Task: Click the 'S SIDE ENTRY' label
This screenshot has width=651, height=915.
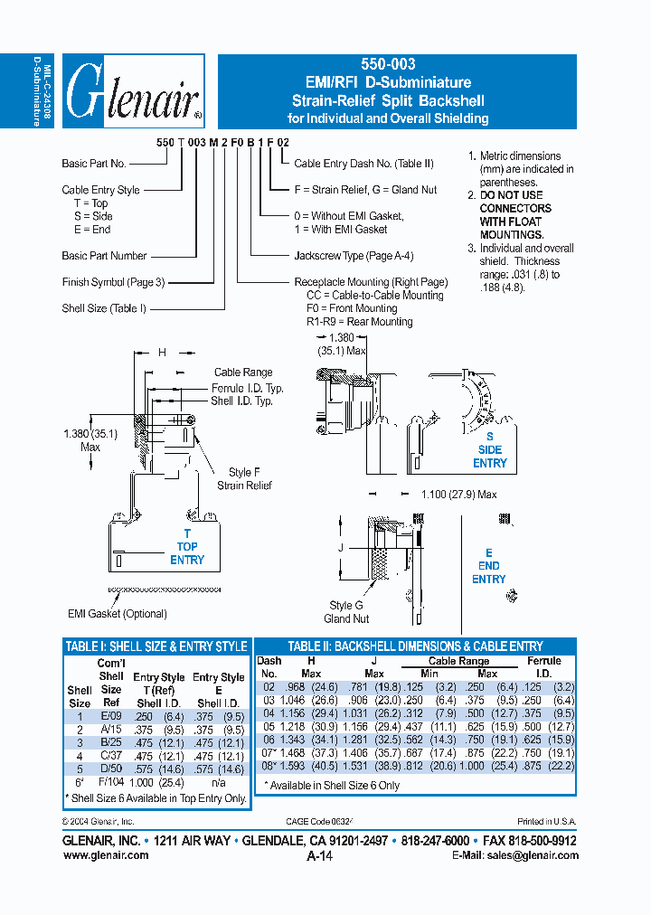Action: pos(489,449)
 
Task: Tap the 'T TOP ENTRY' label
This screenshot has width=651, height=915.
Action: pos(187,546)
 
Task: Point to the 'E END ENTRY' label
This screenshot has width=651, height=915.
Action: pos(488,566)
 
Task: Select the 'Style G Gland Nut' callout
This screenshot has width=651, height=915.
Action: pos(346,612)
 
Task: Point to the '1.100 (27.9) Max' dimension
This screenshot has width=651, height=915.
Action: pos(459,495)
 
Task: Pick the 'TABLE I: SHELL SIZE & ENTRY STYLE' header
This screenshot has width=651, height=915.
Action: pos(156,646)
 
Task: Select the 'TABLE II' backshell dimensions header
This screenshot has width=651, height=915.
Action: pos(415,646)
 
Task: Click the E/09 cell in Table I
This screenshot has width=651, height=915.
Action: pos(111,714)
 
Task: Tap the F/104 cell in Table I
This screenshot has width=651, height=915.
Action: pos(111,781)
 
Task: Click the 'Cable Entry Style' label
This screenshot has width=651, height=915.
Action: pos(100,190)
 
